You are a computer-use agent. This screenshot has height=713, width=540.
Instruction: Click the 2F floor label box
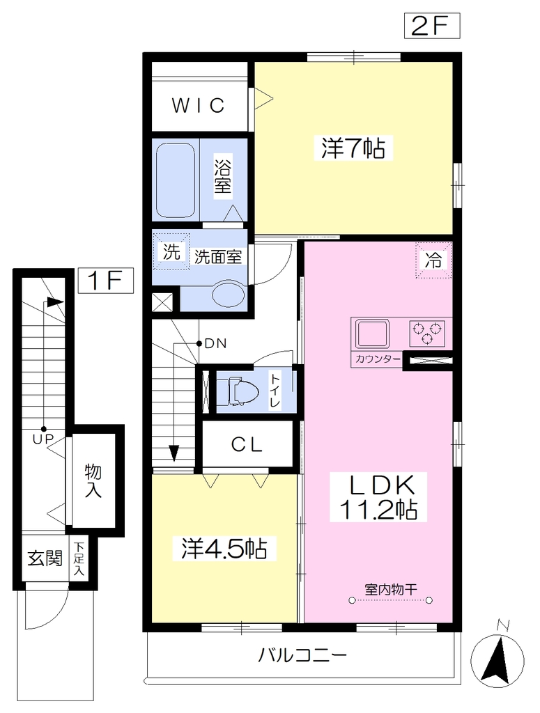(x=432, y=26)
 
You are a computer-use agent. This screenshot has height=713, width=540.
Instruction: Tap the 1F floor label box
(x=105, y=280)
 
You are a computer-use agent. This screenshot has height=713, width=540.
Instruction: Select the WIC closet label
(x=199, y=106)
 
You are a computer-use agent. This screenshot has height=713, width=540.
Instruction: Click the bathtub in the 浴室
(x=176, y=181)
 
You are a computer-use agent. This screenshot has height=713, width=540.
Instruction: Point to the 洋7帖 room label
(x=353, y=148)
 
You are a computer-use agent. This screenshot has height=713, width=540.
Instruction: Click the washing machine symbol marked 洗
(x=171, y=251)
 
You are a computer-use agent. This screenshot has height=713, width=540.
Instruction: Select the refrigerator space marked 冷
(x=433, y=260)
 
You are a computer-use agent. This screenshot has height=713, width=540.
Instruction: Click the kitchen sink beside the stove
(x=373, y=334)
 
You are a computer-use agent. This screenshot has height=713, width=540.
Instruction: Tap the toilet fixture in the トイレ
(x=237, y=391)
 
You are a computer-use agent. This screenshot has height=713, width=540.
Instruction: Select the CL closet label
(x=247, y=445)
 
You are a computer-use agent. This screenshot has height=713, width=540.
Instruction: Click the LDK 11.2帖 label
(x=378, y=497)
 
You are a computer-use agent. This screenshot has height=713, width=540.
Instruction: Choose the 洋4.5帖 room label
(x=224, y=549)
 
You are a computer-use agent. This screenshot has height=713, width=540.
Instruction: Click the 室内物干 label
(x=391, y=589)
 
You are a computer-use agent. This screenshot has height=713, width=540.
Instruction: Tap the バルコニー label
(x=303, y=655)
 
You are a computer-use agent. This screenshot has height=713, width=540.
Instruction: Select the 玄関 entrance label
(x=45, y=558)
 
